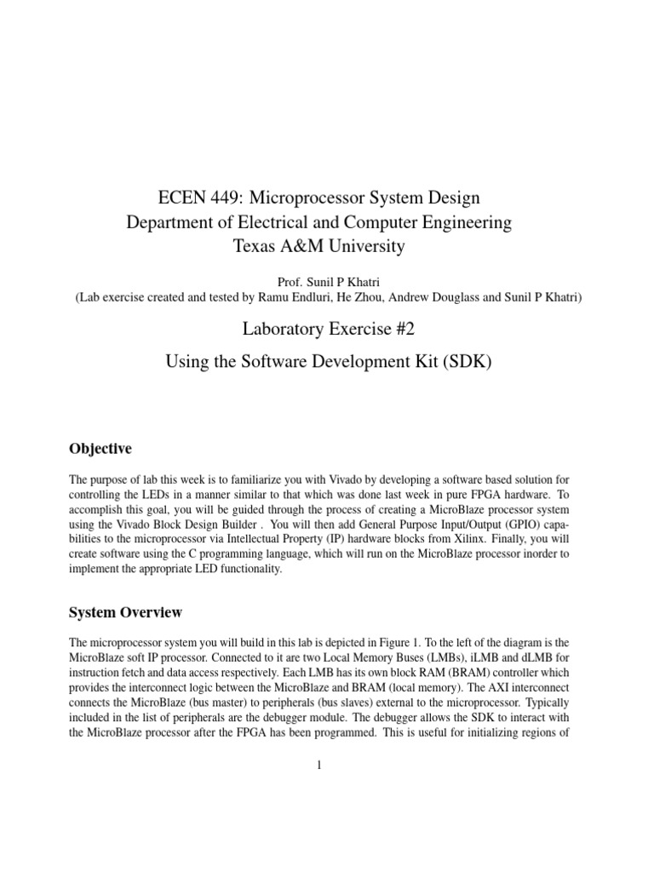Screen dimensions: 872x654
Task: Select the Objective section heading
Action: coord(100,449)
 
